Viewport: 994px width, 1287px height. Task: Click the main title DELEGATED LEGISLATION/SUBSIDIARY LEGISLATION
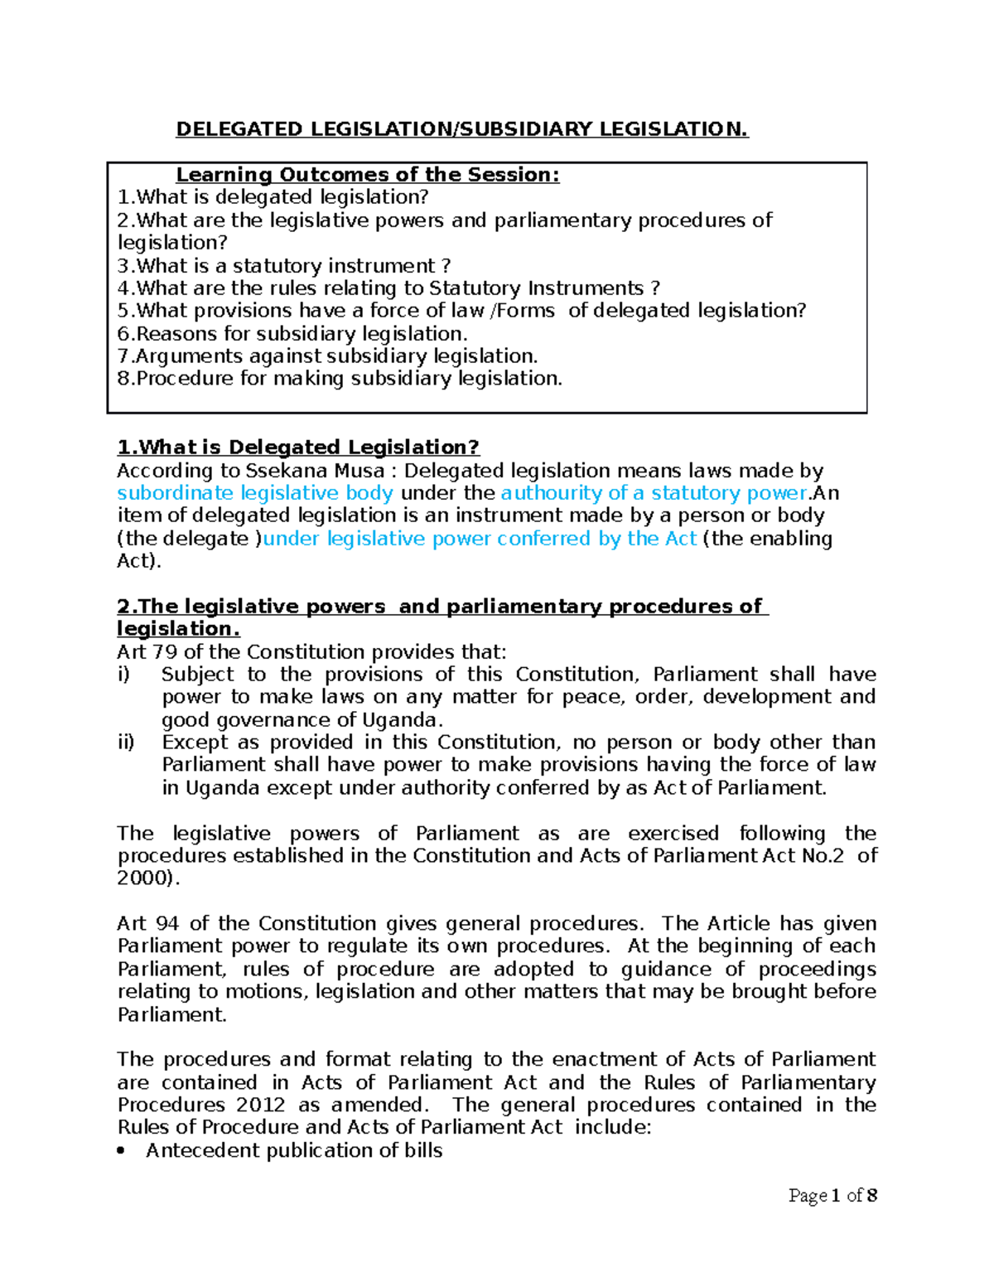461,129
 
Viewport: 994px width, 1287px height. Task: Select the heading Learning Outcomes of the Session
367,175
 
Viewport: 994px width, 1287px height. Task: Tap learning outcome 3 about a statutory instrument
284,266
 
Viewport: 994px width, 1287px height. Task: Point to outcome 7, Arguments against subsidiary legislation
328,356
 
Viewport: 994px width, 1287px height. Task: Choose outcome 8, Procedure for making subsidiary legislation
340,379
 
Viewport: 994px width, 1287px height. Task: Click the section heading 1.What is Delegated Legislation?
298,448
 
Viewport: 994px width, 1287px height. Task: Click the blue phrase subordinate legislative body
255,493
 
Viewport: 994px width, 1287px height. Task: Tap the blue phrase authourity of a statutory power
654,493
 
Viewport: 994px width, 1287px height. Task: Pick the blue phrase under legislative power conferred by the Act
480,539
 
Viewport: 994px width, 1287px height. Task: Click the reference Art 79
147,651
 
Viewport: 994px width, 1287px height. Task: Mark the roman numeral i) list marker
123,675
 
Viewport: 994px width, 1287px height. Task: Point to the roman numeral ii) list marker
126,743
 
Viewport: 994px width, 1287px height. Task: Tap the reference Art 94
147,923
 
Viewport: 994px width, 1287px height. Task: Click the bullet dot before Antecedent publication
123,1151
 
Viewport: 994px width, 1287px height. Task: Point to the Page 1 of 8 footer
832,1195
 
